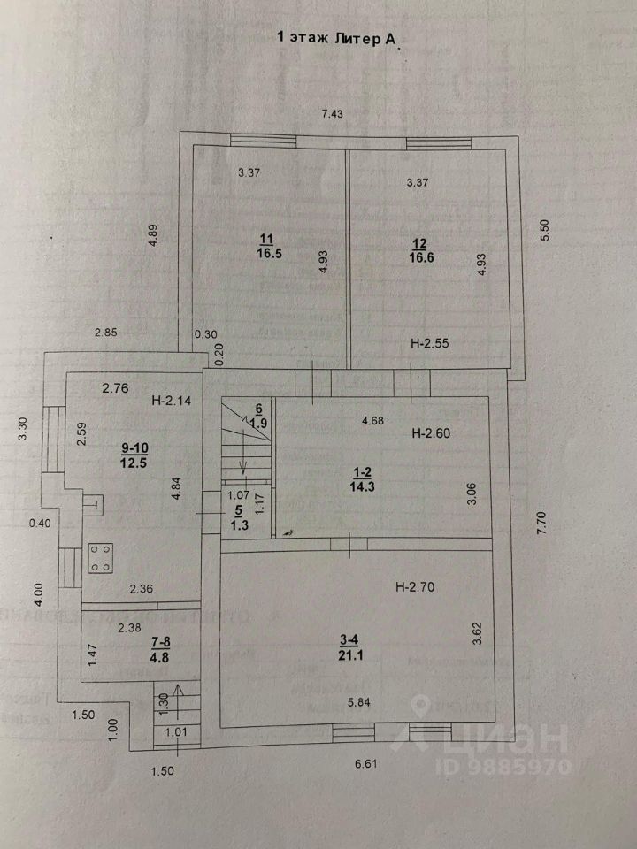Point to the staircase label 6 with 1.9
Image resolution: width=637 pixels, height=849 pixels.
(x=258, y=416)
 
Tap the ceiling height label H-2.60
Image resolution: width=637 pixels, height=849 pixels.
(x=432, y=433)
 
